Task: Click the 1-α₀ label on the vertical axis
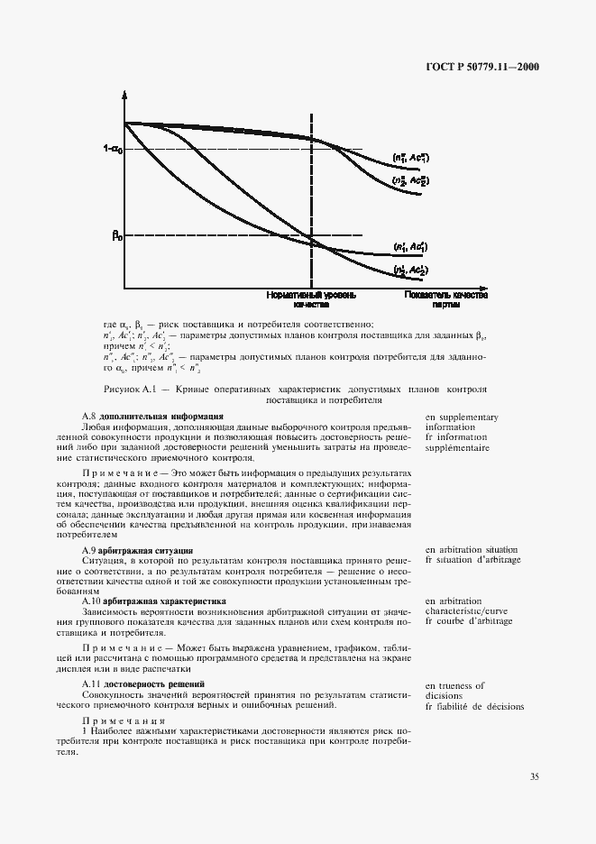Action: (113, 150)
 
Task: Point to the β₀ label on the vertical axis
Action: (116, 236)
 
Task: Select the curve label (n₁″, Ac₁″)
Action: (411, 159)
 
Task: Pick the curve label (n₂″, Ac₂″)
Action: (411, 180)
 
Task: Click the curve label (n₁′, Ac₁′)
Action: (411, 246)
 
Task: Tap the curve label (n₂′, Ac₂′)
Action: (411, 270)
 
